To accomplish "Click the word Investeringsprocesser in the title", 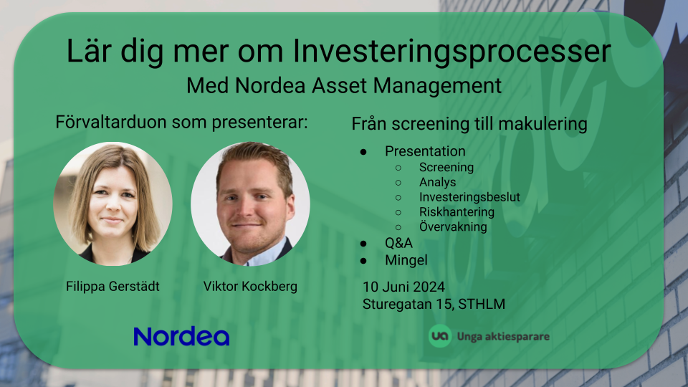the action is point(451,52).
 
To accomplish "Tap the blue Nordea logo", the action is point(181,337).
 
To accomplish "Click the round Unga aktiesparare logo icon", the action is point(439,336).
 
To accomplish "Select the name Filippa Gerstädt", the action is point(113,287).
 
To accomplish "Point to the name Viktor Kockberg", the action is point(250,287).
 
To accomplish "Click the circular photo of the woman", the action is point(113,204).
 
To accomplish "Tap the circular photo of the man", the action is point(250,204).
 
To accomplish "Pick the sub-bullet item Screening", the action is point(446,168).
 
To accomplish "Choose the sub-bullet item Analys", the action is point(437,182).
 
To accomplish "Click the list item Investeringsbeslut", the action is point(469,197).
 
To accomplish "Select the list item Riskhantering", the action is point(457,212).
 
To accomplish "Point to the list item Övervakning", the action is point(453,226).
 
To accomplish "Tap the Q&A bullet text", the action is point(399,243).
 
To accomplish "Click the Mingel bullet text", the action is point(406,260).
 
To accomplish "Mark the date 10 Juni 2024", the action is point(403,287).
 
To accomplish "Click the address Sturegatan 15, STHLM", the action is point(434,304).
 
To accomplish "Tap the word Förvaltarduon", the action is point(112,122).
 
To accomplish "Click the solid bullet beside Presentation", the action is point(363,152).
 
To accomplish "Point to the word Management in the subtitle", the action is point(437,85).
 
